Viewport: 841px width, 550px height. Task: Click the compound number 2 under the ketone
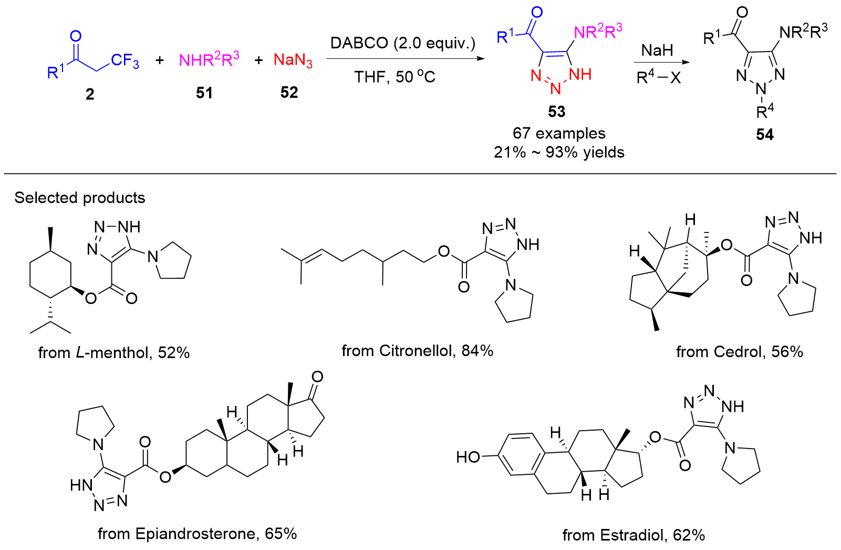click(x=90, y=94)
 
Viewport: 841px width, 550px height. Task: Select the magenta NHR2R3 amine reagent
click(x=209, y=60)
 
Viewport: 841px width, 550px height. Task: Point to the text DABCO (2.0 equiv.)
click(x=402, y=43)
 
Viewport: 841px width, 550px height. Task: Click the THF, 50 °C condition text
click(x=394, y=77)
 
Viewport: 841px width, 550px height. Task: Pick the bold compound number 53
click(x=556, y=111)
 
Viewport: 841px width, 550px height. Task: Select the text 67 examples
click(x=559, y=134)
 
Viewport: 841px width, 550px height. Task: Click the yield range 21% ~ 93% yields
click(x=559, y=152)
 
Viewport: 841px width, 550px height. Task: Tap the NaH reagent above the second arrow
click(x=657, y=50)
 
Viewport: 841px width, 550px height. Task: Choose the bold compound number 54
click(x=765, y=135)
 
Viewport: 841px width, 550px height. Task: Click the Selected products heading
click(x=80, y=198)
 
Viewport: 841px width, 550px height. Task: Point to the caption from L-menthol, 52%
click(x=114, y=352)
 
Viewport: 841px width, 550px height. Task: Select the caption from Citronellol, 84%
click(x=417, y=351)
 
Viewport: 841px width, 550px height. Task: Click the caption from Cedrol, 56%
click(x=739, y=352)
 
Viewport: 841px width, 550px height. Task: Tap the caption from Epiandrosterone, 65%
click(x=198, y=534)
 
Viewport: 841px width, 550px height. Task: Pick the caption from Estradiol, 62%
click(x=634, y=535)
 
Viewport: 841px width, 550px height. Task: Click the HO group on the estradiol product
click(x=469, y=457)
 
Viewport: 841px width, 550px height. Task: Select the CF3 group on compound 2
click(x=124, y=61)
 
